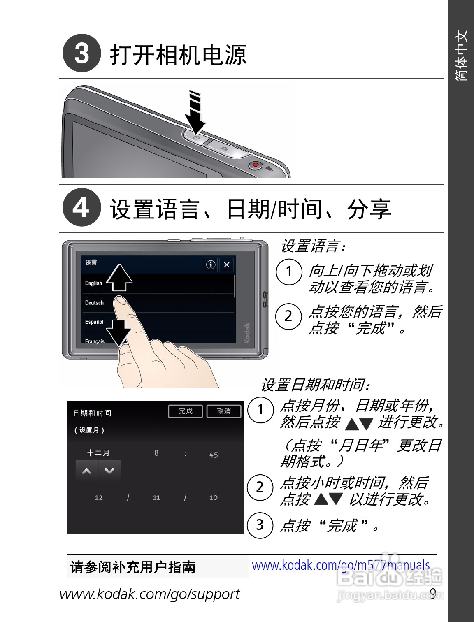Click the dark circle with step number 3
click(x=81, y=53)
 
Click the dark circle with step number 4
click(x=81, y=207)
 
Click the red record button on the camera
click(x=256, y=165)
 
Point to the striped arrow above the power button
click(x=195, y=112)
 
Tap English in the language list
click(x=93, y=283)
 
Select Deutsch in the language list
click(x=94, y=303)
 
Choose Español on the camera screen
click(x=94, y=322)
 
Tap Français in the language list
click(x=95, y=341)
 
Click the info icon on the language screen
click(x=211, y=265)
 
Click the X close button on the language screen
click(x=227, y=265)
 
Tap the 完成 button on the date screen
click(x=186, y=411)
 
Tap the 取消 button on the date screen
click(x=224, y=411)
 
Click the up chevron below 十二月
click(x=86, y=471)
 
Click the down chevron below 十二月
click(x=109, y=471)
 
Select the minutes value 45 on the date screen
click(x=214, y=455)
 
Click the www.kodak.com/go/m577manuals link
click(x=341, y=566)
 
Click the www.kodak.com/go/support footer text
click(x=150, y=594)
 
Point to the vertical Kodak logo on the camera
click(x=247, y=333)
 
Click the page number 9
click(x=433, y=593)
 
